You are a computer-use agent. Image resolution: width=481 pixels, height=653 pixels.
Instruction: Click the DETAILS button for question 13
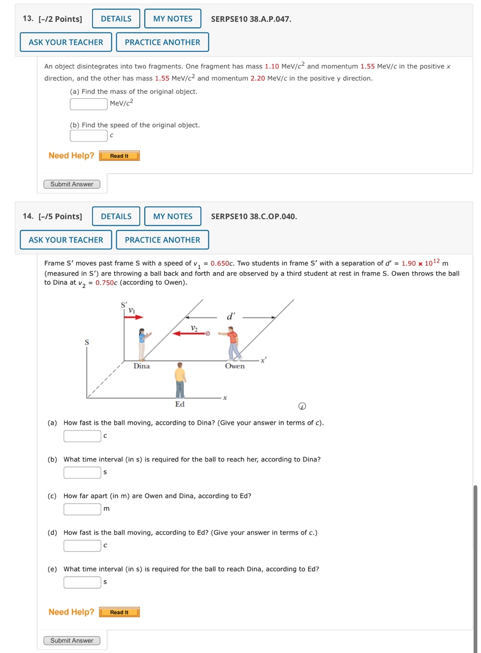[116, 19]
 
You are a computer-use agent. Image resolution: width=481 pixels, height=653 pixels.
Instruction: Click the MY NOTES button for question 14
[173, 216]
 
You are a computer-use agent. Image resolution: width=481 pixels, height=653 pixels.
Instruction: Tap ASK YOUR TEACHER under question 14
[66, 240]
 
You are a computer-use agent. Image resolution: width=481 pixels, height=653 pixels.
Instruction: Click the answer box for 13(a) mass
[88, 104]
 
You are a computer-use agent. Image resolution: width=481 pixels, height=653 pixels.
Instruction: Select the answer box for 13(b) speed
[88, 136]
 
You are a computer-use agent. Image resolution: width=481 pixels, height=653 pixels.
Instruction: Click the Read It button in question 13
[119, 156]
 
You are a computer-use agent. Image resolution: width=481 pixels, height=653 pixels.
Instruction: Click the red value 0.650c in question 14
[222, 263]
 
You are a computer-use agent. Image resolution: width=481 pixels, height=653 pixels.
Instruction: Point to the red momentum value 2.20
[258, 78]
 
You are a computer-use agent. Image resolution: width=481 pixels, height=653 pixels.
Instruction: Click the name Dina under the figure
[141, 366]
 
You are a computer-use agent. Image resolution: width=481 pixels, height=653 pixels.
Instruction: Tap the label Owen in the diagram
[235, 366]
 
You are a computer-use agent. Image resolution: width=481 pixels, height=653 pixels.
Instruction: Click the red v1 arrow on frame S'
[134, 317]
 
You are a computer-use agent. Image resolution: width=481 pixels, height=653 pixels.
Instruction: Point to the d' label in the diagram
[231, 317]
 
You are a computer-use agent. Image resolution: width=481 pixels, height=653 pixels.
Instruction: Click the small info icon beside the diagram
[302, 406]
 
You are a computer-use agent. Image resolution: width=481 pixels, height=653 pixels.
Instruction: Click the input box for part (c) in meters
[82, 509]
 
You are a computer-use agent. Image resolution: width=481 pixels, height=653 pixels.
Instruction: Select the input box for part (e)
[82, 582]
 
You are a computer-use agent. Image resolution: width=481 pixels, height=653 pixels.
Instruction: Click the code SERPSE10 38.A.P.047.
[251, 19]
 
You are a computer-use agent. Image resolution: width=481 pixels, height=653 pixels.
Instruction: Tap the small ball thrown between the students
[208, 333]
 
